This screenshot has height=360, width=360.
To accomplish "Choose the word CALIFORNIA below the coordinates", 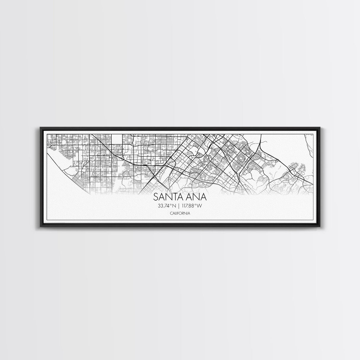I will [180, 213].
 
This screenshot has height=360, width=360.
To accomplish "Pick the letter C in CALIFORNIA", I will [171, 213].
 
